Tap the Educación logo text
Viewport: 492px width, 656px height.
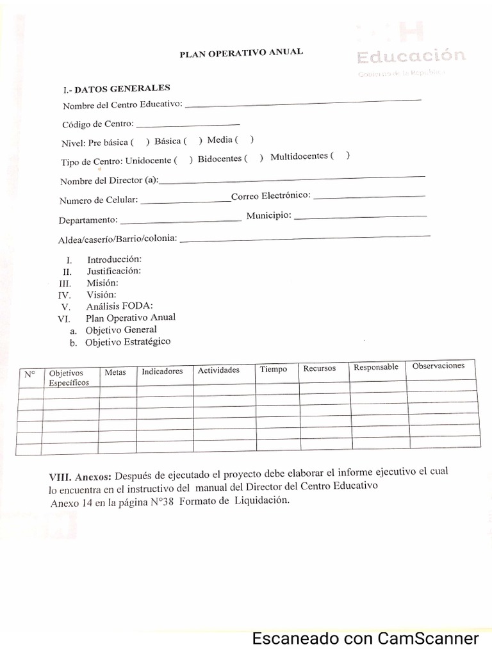pyautogui.click(x=411, y=56)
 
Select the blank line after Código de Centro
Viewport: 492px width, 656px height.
pyautogui.click(x=188, y=124)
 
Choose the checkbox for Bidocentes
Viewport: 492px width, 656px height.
pyautogui.click(x=253, y=158)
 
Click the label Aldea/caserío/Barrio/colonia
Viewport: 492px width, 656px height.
pyautogui.click(x=117, y=240)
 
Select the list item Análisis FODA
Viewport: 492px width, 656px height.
pyautogui.click(x=120, y=306)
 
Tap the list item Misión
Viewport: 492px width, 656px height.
pyautogui.click(x=103, y=283)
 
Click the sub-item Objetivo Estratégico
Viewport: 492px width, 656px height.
pyautogui.click(x=128, y=342)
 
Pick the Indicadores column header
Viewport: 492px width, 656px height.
pyautogui.click(x=162, y=372)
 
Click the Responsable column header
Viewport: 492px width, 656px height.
pyautogui.click(x=376, y=368)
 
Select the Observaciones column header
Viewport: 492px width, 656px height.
pyautogui.click(x=438, y=366)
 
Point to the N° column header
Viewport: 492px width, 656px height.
pyautogui.click(x=29, y=374)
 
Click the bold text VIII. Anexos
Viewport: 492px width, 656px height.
pyautogui.click(x=80, y=477)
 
